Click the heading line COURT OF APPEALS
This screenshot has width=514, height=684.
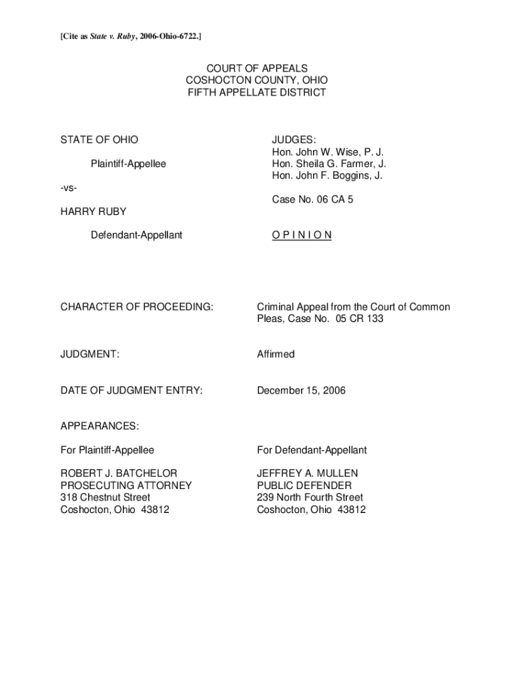coord(256,68)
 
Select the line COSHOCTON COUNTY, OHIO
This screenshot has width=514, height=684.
coord(256,80)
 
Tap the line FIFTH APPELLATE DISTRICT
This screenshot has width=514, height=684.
coord(256,92)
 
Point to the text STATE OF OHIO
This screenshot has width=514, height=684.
coord(99,140)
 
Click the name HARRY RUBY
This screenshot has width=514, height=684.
coord(93,211)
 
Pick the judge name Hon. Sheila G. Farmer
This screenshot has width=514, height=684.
coord(328,164)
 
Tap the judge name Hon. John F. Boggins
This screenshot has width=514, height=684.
coord(327,176)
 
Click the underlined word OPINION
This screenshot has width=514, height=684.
coord(302,235)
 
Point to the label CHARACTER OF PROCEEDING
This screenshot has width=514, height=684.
coord(137,307)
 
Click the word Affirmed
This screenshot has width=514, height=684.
coord(276,354)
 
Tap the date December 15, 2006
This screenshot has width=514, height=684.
coord(302,390)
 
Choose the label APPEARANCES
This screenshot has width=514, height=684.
coord(100,425)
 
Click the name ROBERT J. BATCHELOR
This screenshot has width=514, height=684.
coord(119,474)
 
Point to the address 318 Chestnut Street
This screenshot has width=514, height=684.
coord(105,498)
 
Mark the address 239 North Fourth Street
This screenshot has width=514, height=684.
coord(310,498)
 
